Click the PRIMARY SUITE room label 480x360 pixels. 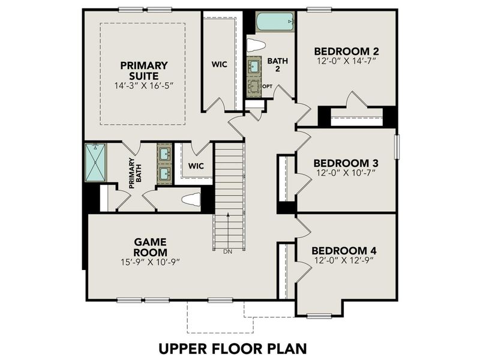(143, 70)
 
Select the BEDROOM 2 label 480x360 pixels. (346, 52)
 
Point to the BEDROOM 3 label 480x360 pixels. (346, 163)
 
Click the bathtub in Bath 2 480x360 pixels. (275, 23)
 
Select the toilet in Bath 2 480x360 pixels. (256, 45)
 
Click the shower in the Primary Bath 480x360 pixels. (95, 162)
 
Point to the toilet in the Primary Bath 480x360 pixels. (190, 199)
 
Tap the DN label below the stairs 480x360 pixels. (227, 251)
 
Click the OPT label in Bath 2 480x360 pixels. (268, 86)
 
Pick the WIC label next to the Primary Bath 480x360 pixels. (196, 165)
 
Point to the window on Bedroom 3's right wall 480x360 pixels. (397, 146)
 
